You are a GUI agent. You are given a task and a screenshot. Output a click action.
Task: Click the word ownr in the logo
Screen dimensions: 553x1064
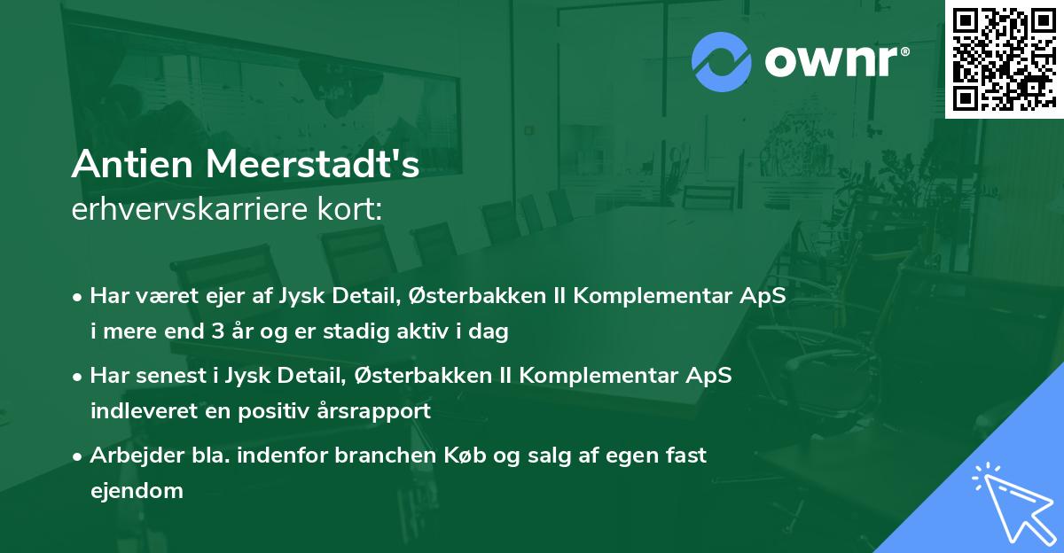coord(823,60)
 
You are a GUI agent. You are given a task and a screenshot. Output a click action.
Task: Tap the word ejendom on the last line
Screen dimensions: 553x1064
coord(137,490)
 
